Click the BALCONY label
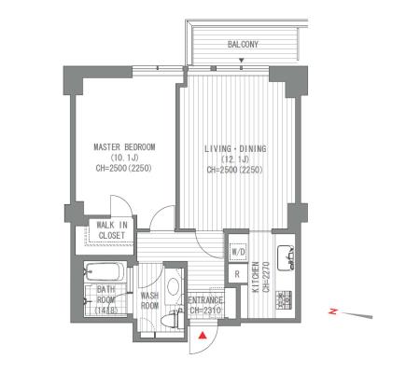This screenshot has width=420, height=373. pos(243,45)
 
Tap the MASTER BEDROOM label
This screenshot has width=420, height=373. pos(124,146)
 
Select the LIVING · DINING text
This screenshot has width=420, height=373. pos(235,148)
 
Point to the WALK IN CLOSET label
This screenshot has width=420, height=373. pos(112,230)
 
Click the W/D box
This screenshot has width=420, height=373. pos(238,251)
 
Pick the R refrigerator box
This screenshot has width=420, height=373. pos(238,274)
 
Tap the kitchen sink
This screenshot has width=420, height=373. pos(286,258)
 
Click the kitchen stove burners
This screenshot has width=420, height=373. pos(284,300)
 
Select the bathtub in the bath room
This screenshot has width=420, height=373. pos(103,272)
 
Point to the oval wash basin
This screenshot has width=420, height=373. pos(173,286)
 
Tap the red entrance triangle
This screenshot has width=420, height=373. pos(203,336)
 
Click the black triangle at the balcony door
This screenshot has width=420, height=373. pos(241,61)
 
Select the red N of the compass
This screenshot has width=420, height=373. pos(333,311)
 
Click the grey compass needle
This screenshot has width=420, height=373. pos(357,315)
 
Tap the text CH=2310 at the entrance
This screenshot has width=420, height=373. pos(205,311)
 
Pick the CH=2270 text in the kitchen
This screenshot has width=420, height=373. pos(266,277)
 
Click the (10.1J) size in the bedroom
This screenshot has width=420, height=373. pos(124,158)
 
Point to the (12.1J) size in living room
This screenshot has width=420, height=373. pos(235,159)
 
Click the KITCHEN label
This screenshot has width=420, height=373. pos(256,277)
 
